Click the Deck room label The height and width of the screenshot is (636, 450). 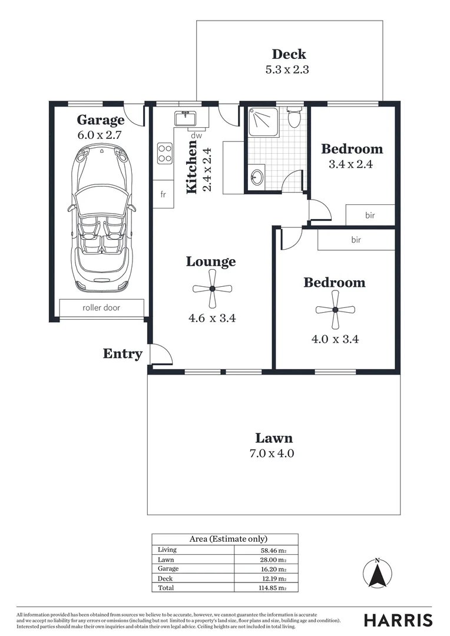(x=289, y=54)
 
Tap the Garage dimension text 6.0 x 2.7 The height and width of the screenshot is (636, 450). (x=100, y=134)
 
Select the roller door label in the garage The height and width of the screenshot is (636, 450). (x=101, y=307)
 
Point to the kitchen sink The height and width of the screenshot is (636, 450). (x=186, y=118)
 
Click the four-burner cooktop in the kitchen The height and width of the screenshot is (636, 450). (x=164, y=153)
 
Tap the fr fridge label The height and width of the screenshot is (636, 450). (x=163, y=195)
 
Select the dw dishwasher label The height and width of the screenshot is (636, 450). (x=196, y=135)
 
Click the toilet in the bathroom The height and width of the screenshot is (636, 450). (x=294, y=118)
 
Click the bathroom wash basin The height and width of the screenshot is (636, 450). (x=256, y=177)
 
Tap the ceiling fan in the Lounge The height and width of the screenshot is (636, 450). (x=212, y=289)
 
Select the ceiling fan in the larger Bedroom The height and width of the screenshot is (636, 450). (x=335, y=310)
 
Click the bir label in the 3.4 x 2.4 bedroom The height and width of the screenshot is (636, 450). (x=370, y=216)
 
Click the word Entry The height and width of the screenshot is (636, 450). (x=123, y=354)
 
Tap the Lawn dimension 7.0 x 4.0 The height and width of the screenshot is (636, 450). (x=273, y=453)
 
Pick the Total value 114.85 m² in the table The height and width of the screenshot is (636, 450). (x=274, y=588)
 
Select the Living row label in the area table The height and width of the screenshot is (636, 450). (x=167, y=550)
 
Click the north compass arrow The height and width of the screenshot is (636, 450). (x=378, y=574)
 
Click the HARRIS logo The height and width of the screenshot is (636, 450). (x=398, y=620)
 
